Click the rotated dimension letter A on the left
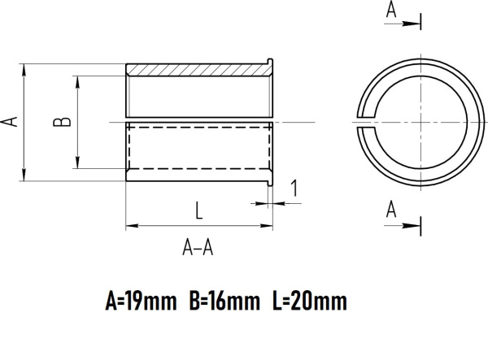click(10, 121)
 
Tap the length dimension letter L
click(198, 210)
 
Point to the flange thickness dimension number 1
click(294, 189)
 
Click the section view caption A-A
click(198, 249)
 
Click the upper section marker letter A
click(391, 9)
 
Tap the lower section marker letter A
click(391, 210)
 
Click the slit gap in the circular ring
click(363, 121)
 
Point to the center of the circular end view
click(420, 121)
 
